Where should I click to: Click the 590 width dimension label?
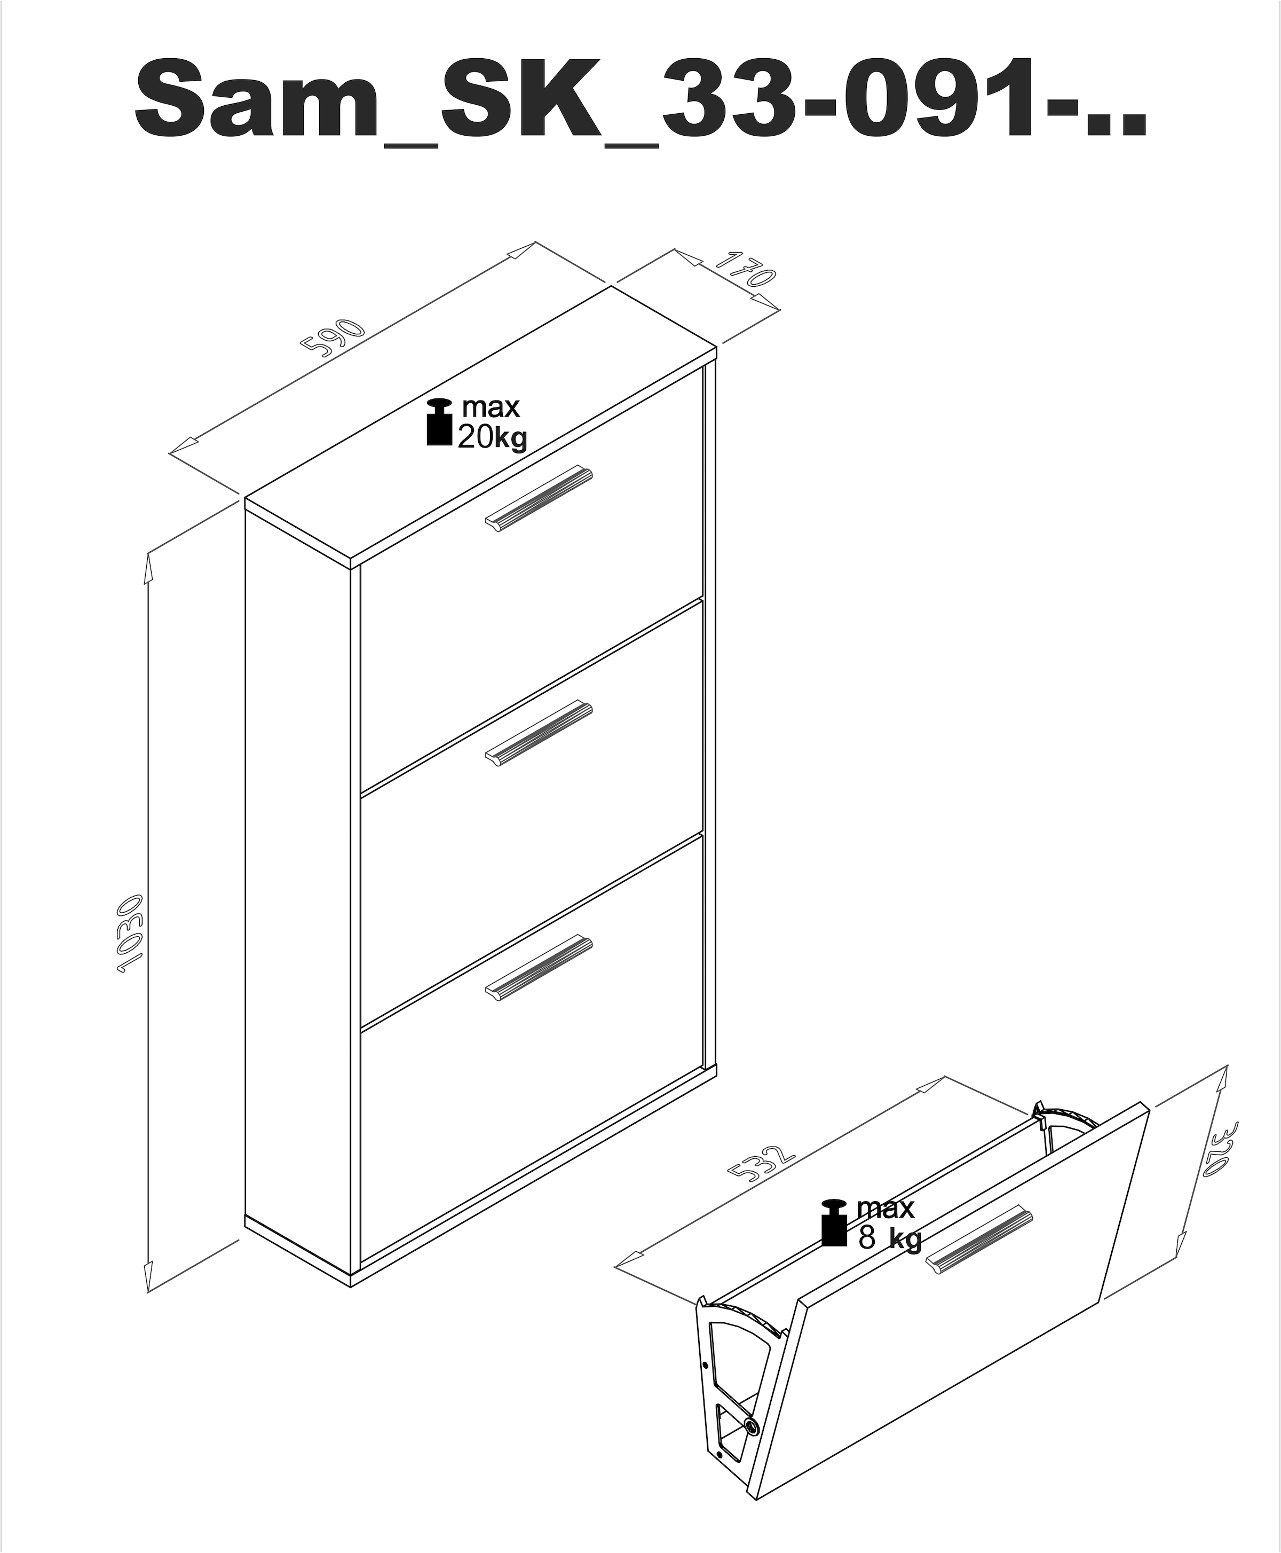click(x=334, y=338)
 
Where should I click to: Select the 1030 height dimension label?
click(x=131, y=934)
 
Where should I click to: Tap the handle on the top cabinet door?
click(x=539, y=497)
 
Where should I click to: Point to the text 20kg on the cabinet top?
click(x=492, y=438)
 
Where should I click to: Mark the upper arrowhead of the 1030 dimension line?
click(x=147, y=568)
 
